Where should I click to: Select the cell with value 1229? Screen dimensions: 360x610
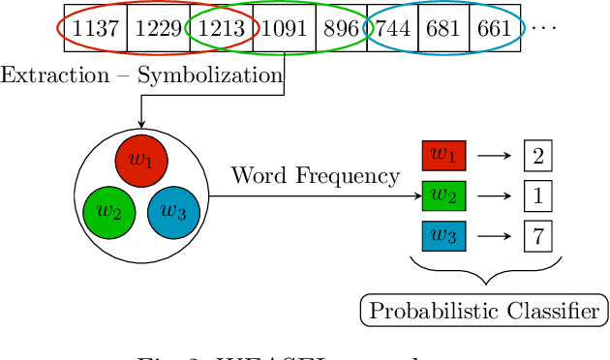tap(159, 29)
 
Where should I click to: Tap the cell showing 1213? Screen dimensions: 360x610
tap(220, 29)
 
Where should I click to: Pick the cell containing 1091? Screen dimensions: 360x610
tap(281, 29)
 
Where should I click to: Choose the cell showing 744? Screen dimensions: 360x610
tap(393, 29)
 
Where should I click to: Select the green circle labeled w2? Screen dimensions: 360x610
tap(109, 212)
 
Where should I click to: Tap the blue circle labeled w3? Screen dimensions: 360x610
tap(173, 212)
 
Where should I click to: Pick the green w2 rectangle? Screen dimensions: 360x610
tap(443, 195)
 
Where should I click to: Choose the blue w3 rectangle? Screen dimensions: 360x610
tap(443, 235)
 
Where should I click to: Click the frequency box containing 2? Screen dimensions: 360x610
tap(536, 155)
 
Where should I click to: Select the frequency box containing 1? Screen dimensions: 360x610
tap(536, 195)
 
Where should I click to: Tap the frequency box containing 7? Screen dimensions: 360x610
tap(536, 235)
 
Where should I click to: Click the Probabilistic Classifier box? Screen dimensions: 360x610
tap(484, 311)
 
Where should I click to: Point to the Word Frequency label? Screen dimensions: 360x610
tap(315, 176)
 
